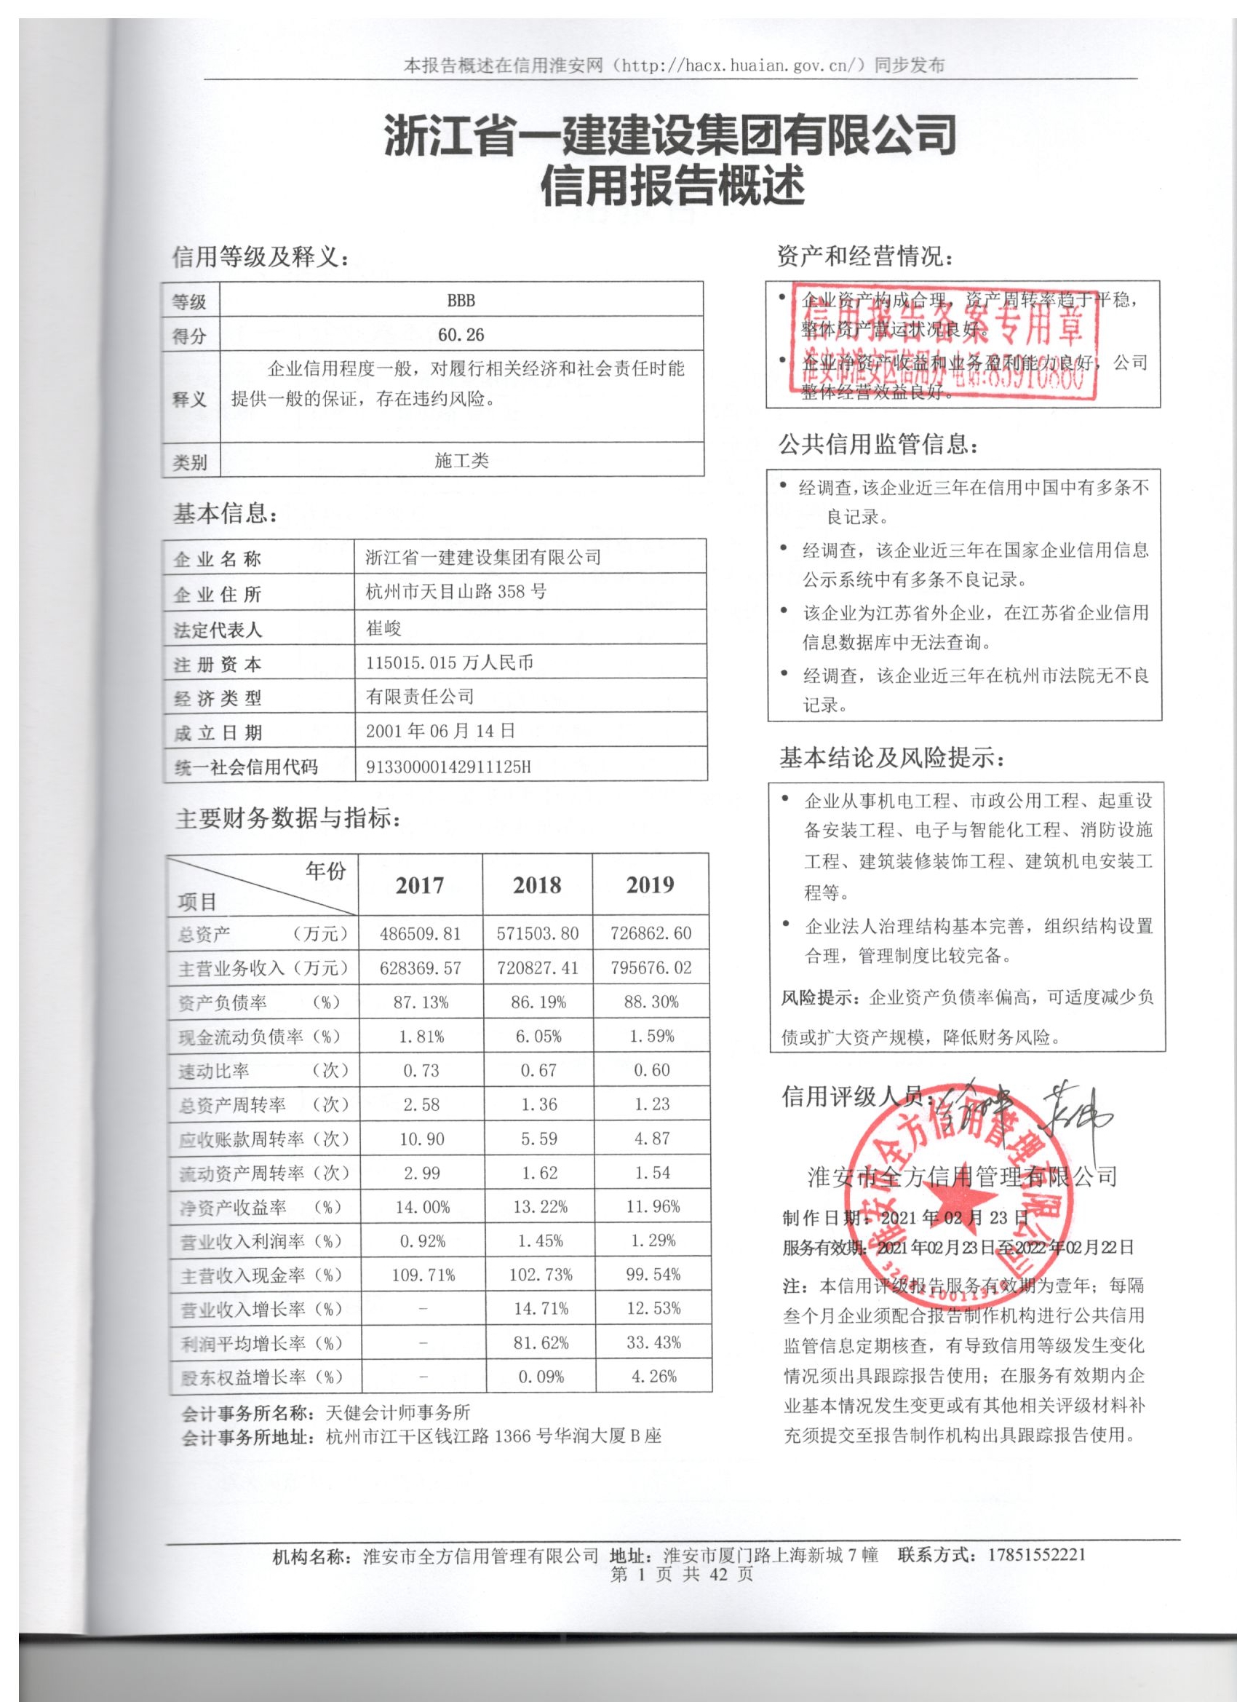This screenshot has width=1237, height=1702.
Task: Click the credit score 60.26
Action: (461, 334)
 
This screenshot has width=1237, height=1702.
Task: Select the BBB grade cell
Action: (461, 300)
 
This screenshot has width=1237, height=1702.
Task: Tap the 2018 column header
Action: (536, 885)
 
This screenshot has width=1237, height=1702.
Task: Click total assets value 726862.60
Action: (651, 933)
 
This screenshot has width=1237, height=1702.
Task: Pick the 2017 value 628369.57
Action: (420, 968)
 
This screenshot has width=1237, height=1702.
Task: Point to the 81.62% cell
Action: (540, 1342)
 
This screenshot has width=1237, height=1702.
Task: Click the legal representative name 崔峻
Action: (384, 628)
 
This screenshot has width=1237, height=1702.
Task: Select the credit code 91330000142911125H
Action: (448, 767)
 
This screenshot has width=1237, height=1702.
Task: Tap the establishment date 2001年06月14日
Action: (440, 731)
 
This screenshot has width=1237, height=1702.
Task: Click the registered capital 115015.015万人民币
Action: (450, 662)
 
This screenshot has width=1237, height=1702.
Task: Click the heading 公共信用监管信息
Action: (878, 445)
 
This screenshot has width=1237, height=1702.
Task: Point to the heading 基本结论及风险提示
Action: (891, 759)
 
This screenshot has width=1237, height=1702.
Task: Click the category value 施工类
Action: (461, 461)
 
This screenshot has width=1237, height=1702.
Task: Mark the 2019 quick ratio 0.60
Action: (651, 1070)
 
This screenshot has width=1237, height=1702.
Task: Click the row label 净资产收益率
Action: (233, 1208)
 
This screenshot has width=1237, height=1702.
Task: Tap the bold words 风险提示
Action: (821, 998)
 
